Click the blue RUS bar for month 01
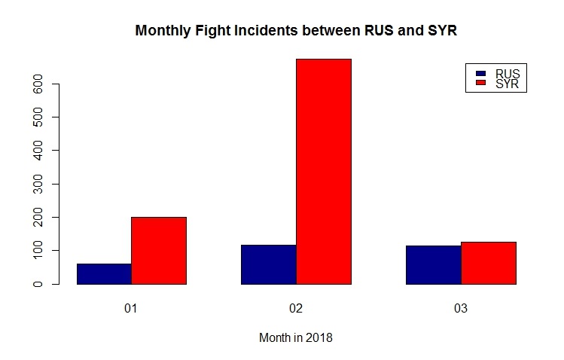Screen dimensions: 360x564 [x=104, y=274]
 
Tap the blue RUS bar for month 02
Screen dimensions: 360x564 [x=268, y=264]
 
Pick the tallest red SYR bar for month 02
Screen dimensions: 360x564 [x=323, y=172]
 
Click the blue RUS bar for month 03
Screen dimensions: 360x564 [x=433, y=265]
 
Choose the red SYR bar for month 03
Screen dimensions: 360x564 [x=488, y=263]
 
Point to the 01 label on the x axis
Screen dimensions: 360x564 [x=131, y=310]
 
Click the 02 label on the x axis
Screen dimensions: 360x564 [x=296, y=310]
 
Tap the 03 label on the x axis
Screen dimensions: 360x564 [x=460, y=310]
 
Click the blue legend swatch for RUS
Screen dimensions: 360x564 [x=480, y=74]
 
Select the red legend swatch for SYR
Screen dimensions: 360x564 [x=480, y=84]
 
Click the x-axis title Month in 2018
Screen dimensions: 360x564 [x=296, y=338]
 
